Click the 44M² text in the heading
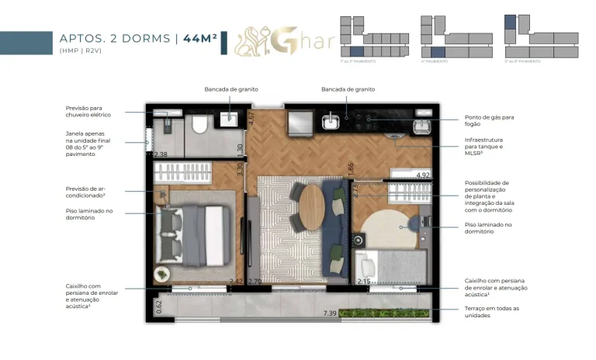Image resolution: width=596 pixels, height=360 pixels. pyautogui.click(x=199, y=39)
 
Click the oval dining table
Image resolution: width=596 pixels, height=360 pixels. pyautogui.click(x=312, y=207)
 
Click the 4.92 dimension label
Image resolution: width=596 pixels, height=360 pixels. pyautogui.click(x=423, y=175)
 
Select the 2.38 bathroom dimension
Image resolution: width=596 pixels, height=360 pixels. pyautogui.click(x=161, y=154)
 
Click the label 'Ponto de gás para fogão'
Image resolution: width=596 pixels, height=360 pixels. pyautogui.click(x=486, y=121)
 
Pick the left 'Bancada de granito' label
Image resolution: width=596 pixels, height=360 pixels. pyautogui.click(x=230, y=89)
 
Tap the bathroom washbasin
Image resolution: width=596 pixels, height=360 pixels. pyautogui.click(x=229, y=119)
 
